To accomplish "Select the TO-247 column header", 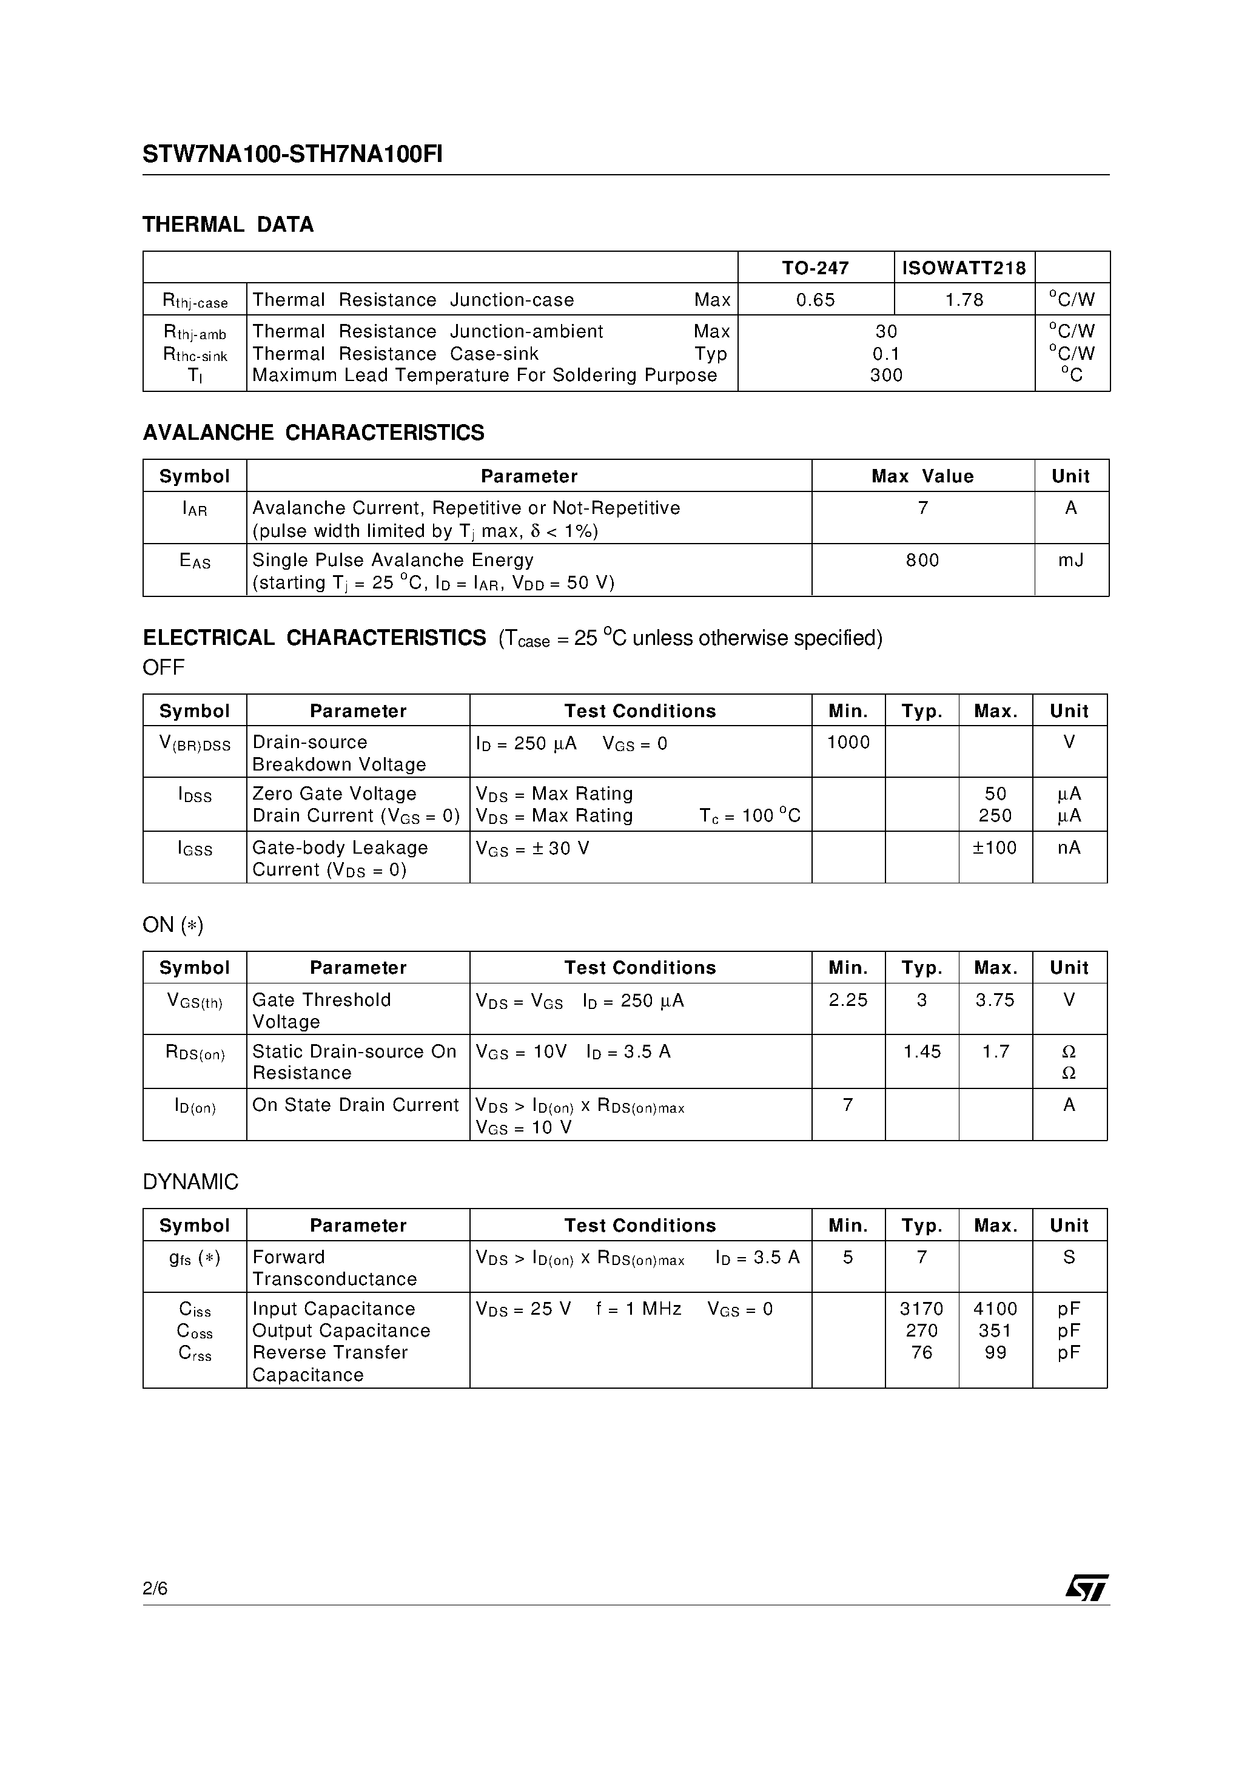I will tap(815, 268).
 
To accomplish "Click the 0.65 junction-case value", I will tap(815, 300).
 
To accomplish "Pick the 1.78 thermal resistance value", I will tap(964, 300).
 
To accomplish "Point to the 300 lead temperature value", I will tap(885, 376).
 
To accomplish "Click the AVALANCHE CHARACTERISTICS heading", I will tap(313, 433).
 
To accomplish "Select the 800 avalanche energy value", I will tap(922, 560).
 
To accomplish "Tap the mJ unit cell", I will tap(1070, 560).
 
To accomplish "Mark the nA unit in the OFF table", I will tap(1069, 848).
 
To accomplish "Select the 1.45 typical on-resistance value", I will tap(922, 1051).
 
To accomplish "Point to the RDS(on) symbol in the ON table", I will tap(195, 1053).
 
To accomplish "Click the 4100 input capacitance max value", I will tap(995, 1309).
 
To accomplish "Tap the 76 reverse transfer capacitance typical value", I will tap(922, 1352).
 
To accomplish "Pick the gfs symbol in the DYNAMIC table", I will tap(195, 1258).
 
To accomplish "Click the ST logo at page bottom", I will tap(1086, 1588).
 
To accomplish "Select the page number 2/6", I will tap(155, 1588).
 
